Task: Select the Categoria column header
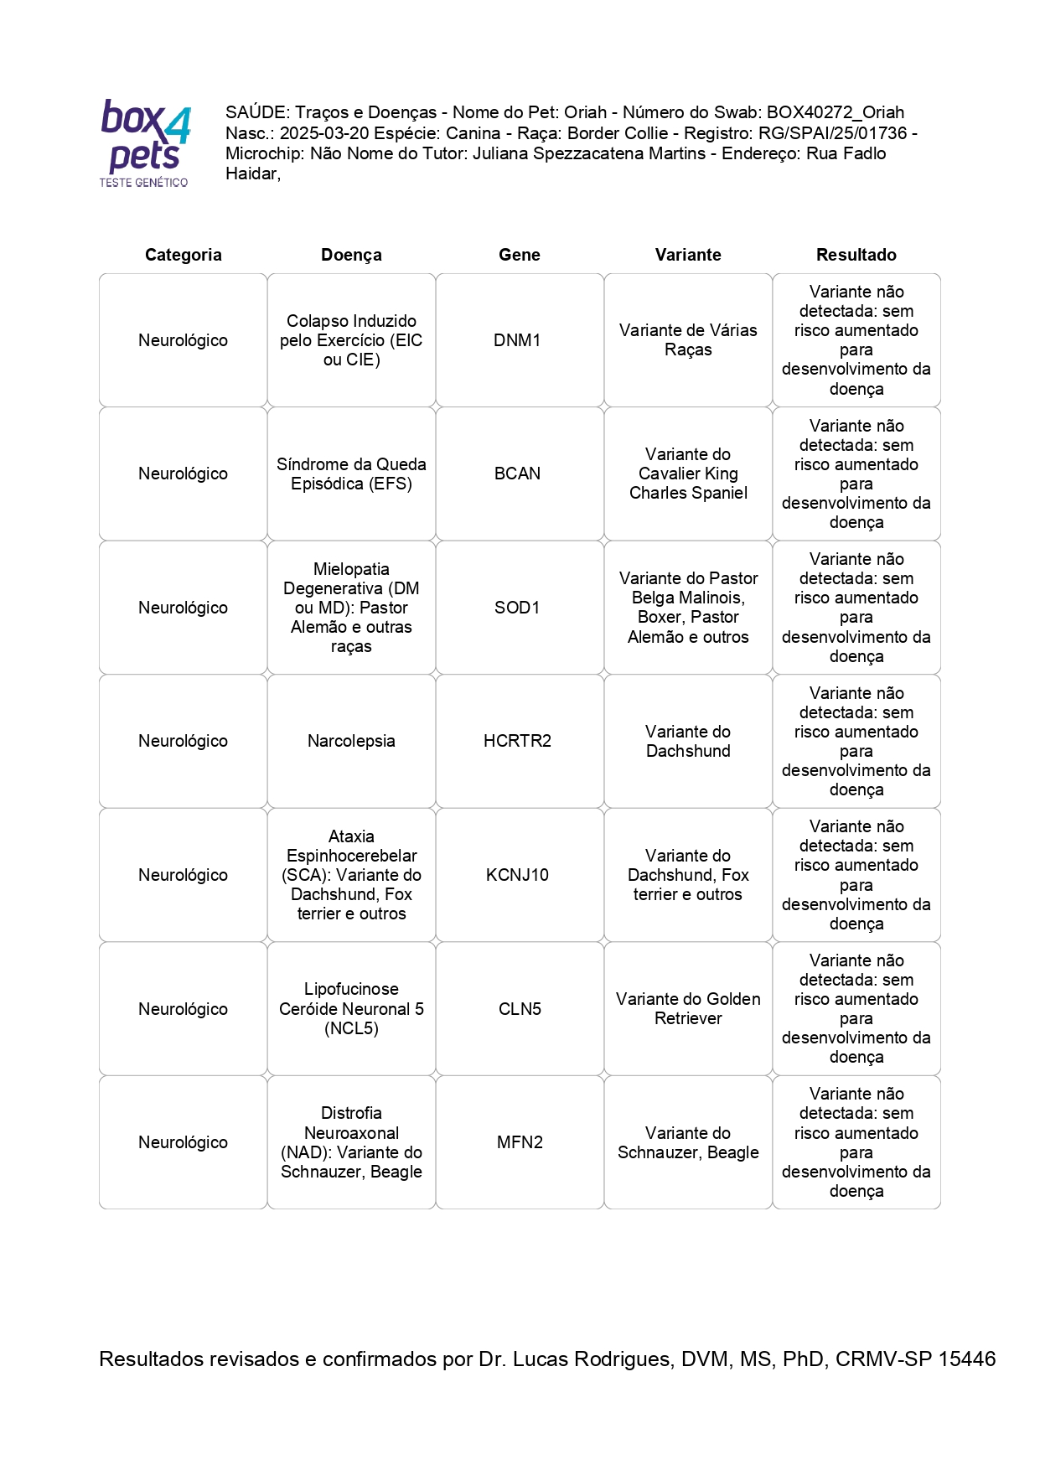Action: coord(183,255)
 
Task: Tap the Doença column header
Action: coord(351,255)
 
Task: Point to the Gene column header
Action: coord(520,255)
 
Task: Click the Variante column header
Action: coord(688,255)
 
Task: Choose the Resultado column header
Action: coord(856,255)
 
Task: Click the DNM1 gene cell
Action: coord(517,340)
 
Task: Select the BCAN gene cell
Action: coord(517,474)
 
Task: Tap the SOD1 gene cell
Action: coord(517,608)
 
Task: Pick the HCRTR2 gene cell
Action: coord(517,741)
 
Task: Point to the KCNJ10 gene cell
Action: coord(517,875)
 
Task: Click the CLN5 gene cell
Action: coord(520,1009)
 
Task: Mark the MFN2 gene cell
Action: coord(520,1142)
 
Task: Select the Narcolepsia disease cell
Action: coord(351,741)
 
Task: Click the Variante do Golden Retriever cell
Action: coord(688,1008)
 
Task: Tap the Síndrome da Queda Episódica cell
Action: coord(351,474)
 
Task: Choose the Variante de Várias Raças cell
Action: coord(688,339)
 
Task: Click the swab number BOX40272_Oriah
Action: coord(836,112)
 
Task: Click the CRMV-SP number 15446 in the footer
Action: coord(966,1359)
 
